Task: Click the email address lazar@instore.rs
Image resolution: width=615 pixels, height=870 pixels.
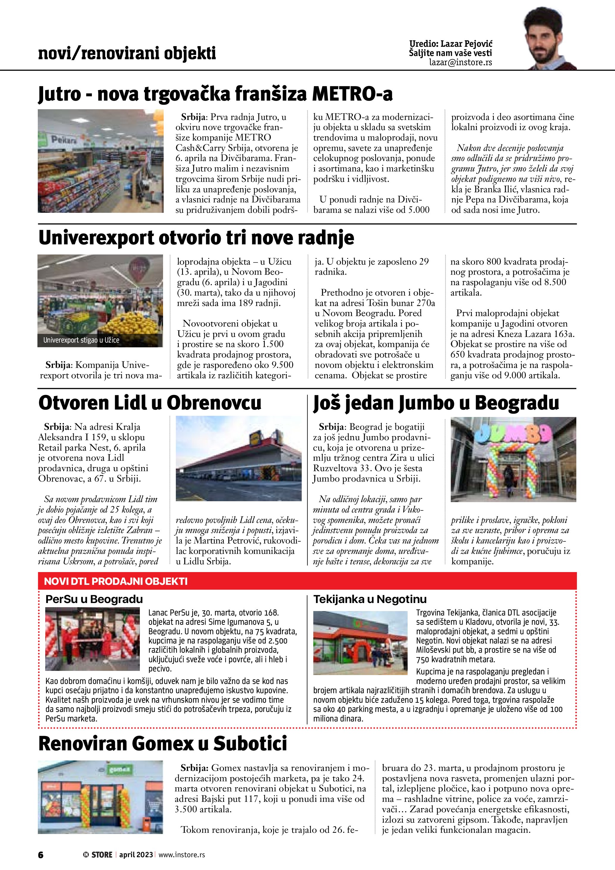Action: (x=461, y=63)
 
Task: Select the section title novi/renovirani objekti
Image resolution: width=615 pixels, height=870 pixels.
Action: (x=127, y=53)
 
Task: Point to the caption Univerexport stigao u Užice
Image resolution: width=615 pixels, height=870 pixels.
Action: (x=81, y=340)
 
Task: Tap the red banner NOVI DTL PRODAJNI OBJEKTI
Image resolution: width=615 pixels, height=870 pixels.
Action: (x=116, y=581)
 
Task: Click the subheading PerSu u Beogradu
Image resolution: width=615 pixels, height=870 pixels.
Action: (x=94, y=599)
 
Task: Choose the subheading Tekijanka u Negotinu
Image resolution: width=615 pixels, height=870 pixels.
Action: (x=370, y=599)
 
